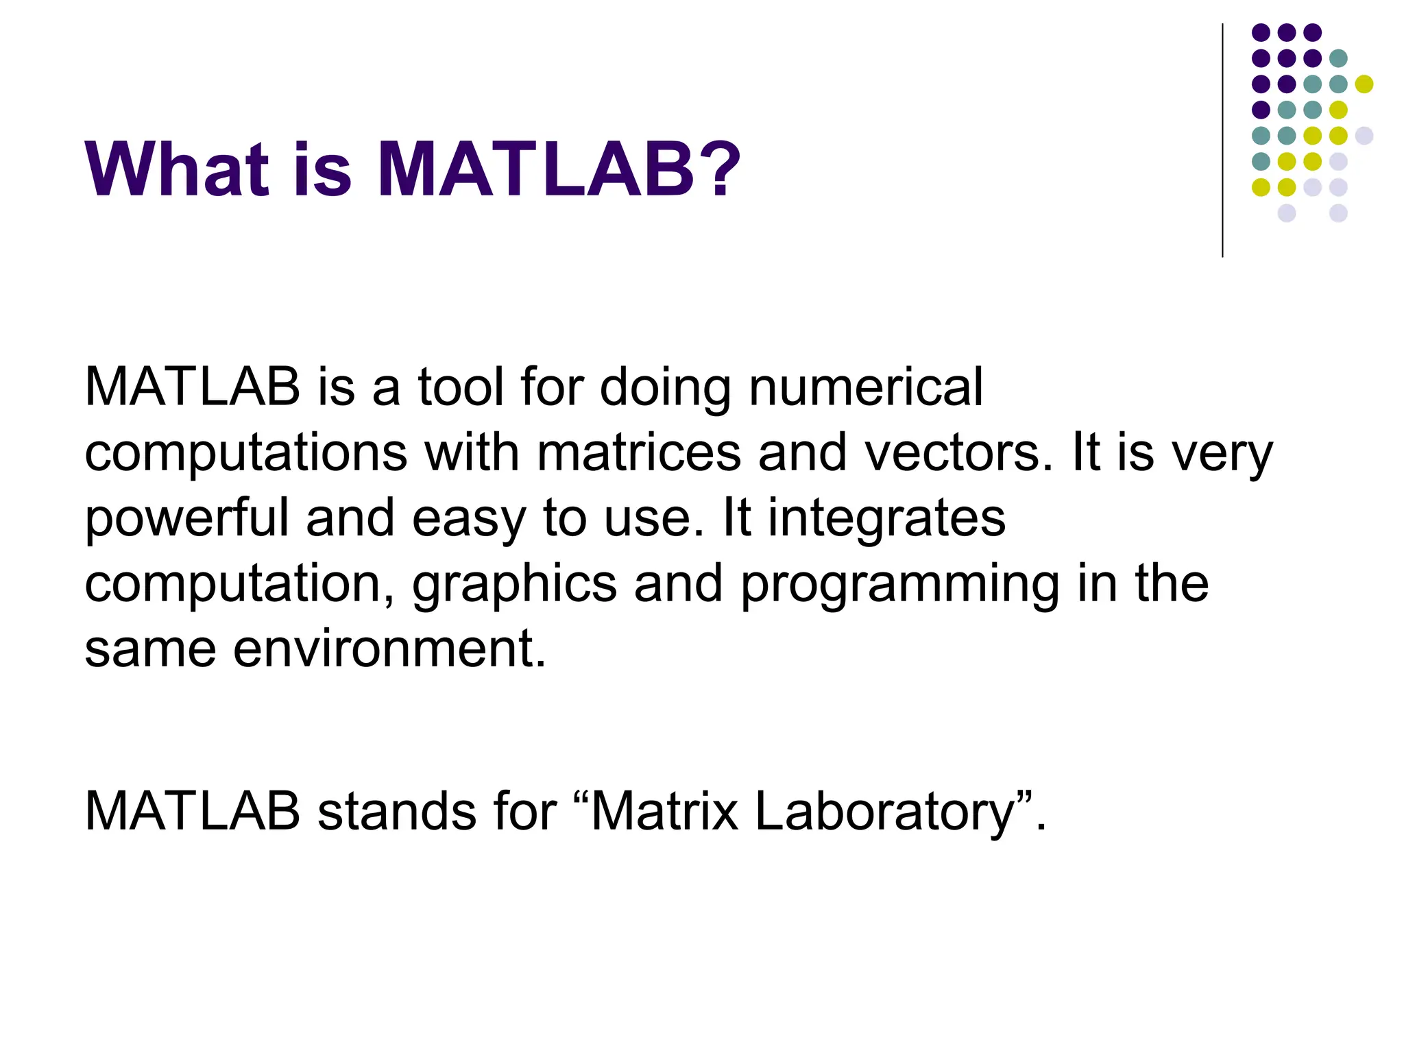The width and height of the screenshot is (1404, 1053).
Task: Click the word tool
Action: pyautogui.click(x=461, y=388)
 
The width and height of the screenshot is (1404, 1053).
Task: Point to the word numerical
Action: pyautogui.click(x=866, y=388)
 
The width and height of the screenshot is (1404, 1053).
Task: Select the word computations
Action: pyautogui.click(x=245, y=455)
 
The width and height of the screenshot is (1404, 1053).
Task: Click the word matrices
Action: pyautogui.click(x=638, y=453)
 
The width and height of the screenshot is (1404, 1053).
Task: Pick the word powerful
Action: pyautogui.click(x=186, y=520)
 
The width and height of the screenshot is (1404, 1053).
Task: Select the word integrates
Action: pyautogui.click(x=886, y=520)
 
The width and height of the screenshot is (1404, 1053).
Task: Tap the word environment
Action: pyautogui.click(x=389, y=649)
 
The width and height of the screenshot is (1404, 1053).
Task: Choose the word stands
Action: pyautogui.click(x=395, y=812)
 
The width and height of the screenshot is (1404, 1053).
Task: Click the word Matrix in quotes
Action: pyautogui.click(x=664, y=812)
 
